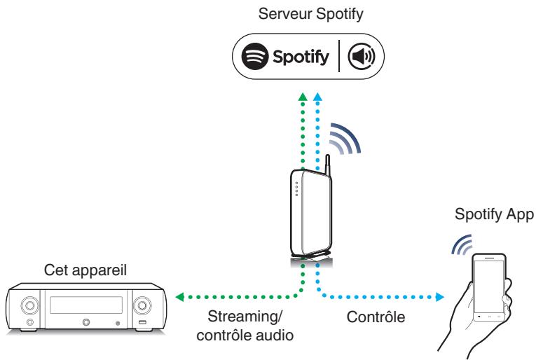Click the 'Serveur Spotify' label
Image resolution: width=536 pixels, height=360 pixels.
click(310, 14)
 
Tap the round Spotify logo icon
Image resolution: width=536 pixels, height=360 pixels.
click(254, 56)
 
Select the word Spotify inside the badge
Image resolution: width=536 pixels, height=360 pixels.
click(301, 57)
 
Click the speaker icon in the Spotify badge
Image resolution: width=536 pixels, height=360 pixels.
click(362, 56)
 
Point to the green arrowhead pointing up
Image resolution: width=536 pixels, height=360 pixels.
click(303, 97)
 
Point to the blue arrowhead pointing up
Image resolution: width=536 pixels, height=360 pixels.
click(317, 97)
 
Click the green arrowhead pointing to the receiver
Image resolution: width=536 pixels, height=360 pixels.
click(180, 297)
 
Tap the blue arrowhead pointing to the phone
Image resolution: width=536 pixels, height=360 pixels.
click(440, 297)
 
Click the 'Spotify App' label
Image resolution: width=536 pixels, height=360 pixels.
click(494, 214)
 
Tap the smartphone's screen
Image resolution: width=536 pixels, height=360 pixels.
click(489, 286)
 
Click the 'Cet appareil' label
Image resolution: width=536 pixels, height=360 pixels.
click(85, 270)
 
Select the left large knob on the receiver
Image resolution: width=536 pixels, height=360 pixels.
click(29, 305)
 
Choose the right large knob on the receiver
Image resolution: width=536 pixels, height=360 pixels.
click(142, 305)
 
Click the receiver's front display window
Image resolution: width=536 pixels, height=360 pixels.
click(86, 305)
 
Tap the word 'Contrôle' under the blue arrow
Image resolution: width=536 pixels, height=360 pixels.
click(376, 317)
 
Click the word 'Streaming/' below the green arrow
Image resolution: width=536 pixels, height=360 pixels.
click(245, 317)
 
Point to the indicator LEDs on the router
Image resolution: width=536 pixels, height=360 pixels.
click(296, 189)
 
